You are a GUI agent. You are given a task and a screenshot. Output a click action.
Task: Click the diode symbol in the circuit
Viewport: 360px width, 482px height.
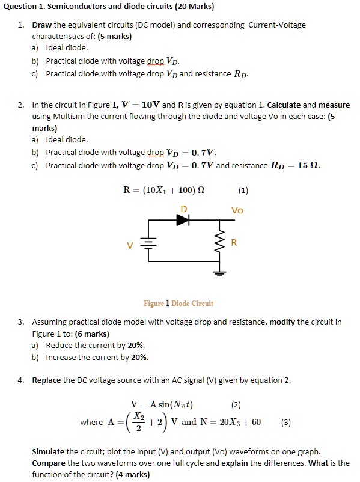coord(183,220)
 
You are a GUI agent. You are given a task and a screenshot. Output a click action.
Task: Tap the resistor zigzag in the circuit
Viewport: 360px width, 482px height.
coord(220,243)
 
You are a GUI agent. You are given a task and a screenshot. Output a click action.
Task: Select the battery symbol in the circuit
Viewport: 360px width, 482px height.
coord(148,245)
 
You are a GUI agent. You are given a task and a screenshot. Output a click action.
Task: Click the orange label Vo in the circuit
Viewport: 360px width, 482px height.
coord(237,210)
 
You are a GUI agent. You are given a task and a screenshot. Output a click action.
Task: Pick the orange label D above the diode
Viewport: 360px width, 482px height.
coord(184,208)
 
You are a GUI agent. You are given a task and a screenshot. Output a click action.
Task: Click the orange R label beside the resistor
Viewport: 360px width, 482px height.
coord(234,243)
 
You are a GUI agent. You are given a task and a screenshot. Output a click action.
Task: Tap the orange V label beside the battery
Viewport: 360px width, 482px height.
coord(129,245)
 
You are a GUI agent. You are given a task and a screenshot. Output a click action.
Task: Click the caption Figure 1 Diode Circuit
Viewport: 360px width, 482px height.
coord(178,303)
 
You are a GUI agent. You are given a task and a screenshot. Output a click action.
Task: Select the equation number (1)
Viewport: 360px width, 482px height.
coord(243,191)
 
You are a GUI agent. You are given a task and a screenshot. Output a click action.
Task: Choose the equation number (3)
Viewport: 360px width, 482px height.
coord(286,422)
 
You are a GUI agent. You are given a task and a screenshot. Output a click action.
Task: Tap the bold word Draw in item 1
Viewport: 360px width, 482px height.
coord(42,25)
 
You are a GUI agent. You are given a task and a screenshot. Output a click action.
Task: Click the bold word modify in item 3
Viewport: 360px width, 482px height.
coord(282,322)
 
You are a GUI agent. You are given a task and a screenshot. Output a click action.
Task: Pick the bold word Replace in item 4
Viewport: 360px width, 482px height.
coord(46,380)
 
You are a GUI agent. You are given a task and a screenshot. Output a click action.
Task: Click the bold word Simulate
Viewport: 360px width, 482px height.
coord(47,451)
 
